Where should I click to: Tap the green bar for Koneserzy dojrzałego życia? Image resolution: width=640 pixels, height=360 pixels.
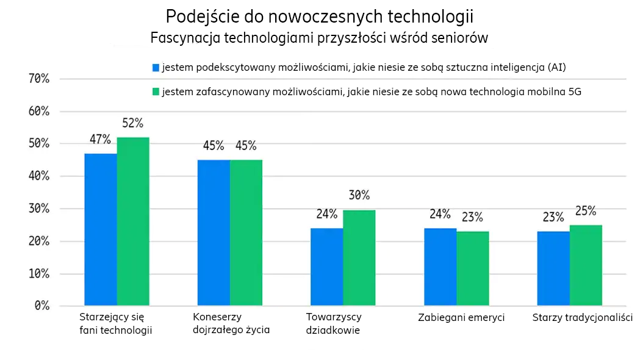coord(246,232)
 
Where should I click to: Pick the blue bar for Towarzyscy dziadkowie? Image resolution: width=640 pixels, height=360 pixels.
coord(327,267)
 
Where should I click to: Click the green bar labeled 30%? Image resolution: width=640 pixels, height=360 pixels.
coord(359,257)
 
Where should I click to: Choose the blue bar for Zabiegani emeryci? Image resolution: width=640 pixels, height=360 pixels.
coord(440,267)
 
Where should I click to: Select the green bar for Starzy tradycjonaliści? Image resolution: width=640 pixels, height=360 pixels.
coord(586,265)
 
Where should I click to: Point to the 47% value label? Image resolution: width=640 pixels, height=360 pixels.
coord(100,139)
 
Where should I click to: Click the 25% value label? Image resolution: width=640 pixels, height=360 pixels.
coord(586,211)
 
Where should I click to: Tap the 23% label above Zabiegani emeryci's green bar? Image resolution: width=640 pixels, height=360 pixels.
coord(472,217)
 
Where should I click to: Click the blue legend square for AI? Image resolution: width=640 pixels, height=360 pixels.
coord(156,67)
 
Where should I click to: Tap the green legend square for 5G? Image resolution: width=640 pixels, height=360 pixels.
coord(156,92)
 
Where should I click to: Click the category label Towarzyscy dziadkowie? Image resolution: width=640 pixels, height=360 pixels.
coord(333,324)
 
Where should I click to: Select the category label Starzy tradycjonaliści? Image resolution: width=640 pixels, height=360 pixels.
coord(582,318)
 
